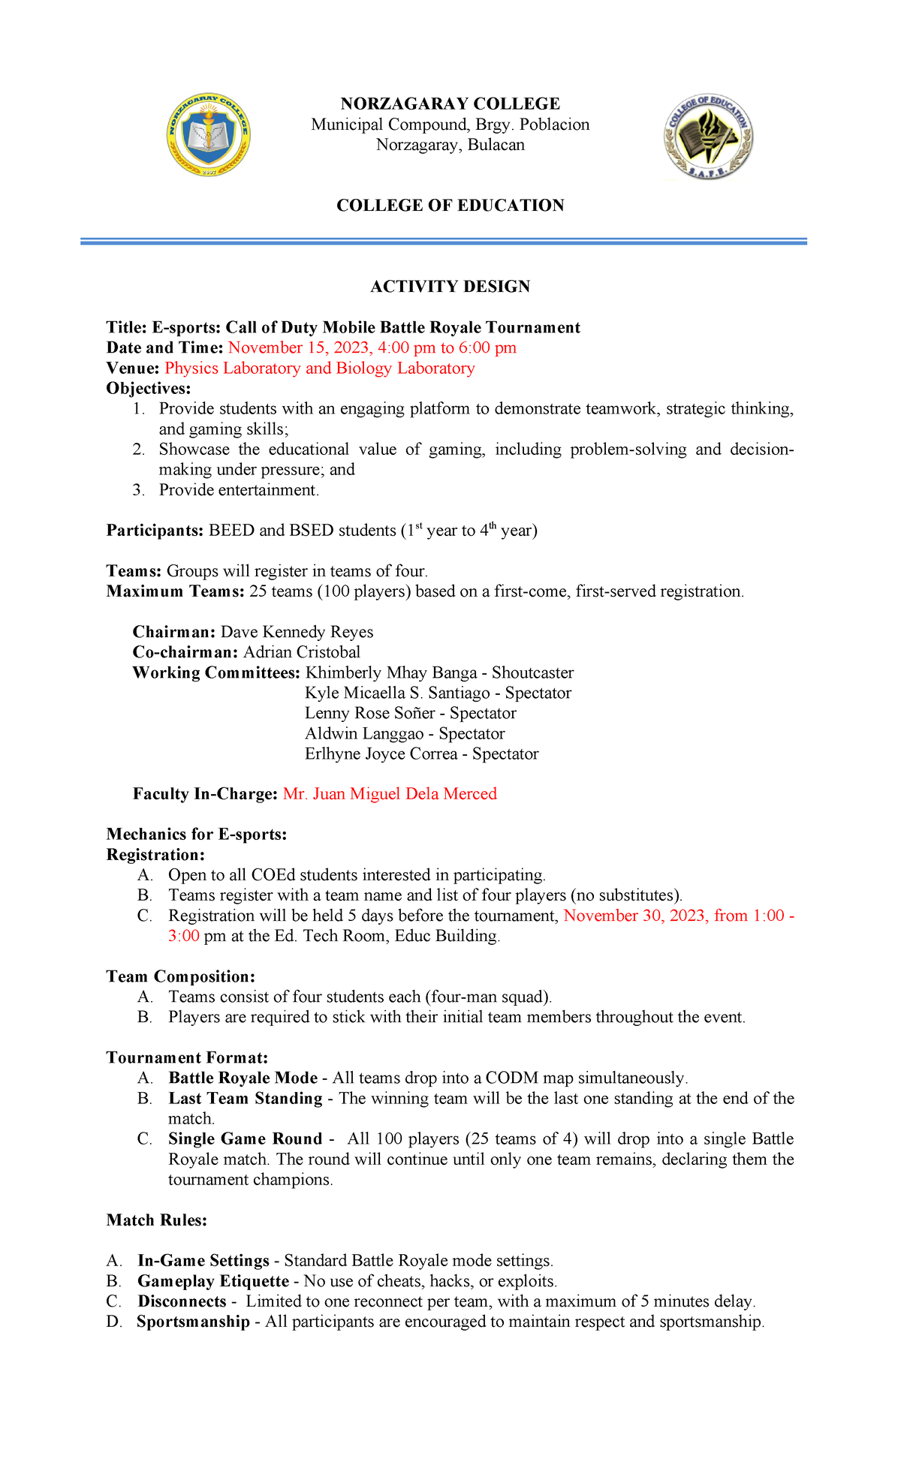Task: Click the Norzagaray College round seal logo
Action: [x=209, y=135]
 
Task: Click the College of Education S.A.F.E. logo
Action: [x=708, y=137]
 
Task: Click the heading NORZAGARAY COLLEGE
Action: [x=450, y=104]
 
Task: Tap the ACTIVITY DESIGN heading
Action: [x=450, y=286]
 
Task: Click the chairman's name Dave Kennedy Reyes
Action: [x=297, y=632]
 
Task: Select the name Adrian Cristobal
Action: [x=302, y=652]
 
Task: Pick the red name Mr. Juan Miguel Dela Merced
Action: [x=390, y=794]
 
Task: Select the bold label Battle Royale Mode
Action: [x=243, y=1078]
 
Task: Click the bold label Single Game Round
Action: [x=245, y=1139]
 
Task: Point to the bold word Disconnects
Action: [x=182, y=1301]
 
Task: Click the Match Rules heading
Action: [x=156, y=1220]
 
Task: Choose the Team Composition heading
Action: [x=180, y=976]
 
